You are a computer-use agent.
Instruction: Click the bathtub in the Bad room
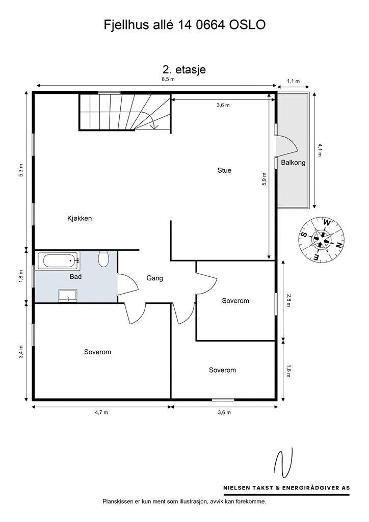pos(58,260)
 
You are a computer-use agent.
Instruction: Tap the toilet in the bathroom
pos(103,258)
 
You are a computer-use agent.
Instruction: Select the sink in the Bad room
pos(68,296)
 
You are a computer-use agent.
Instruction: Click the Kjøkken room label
pos(80,218)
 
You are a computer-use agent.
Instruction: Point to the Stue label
pos(224,170)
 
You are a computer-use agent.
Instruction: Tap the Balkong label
pos(293,163)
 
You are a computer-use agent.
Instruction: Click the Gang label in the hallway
pos(155,278)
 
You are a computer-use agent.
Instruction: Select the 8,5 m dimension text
pos(168,79)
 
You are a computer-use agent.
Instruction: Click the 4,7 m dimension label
pos(101,412)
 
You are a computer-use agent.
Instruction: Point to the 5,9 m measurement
pos(264,179)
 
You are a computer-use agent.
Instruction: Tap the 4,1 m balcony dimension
pos(320,150)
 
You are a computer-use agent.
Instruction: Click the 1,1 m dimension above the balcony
pos(293,81)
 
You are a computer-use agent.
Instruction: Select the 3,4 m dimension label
pos(21,352)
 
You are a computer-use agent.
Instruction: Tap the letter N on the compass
pos(339,245)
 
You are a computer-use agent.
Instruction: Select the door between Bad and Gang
pos(127,284)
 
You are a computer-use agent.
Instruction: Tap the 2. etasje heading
pos(184,69)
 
